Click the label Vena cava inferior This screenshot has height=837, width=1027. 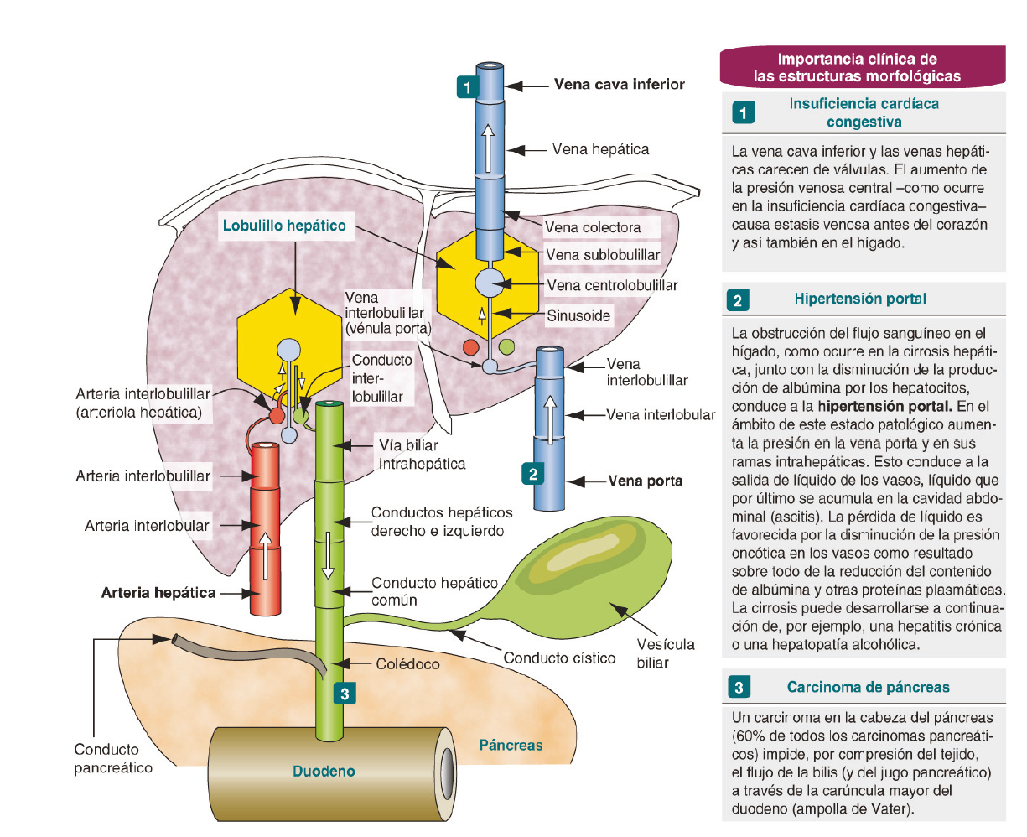[619, 85]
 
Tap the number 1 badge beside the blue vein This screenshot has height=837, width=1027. [467, 86]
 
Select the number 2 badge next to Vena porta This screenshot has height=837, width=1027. [533, 474]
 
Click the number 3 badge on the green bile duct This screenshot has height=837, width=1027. [345, 694]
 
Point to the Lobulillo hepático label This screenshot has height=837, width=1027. [283, 226]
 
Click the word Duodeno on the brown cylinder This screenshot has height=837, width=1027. [324, 772]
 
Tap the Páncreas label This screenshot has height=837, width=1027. [511, 745]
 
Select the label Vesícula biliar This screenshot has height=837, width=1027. [665, 653]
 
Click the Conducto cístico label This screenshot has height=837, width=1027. [559, 658]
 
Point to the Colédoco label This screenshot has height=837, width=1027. [407, 664]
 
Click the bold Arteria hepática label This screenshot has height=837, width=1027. [158, 593]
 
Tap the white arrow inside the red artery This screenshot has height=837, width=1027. [266, 554]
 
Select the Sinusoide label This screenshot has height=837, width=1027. [578, 316]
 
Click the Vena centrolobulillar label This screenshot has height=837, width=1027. [612, 285]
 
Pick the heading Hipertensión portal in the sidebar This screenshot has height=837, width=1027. [860, 299]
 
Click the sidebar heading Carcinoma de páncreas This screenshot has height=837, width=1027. [868, 688]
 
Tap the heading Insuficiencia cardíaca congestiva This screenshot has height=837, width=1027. [864, 112]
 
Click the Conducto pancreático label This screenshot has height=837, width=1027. [113, 758]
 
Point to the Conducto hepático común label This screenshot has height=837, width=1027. [434, 591]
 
